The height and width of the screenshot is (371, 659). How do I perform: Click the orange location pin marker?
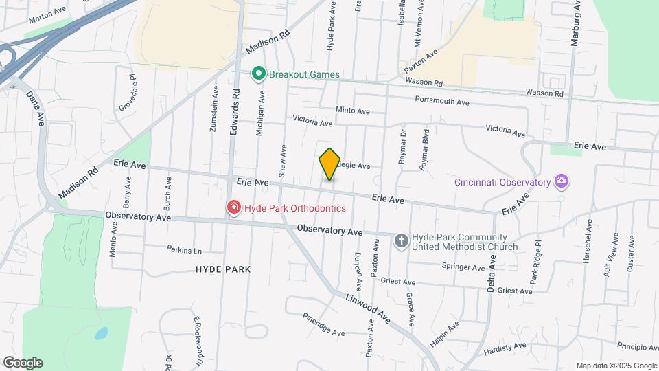point(330,164)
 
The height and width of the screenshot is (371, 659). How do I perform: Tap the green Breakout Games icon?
point(259,74)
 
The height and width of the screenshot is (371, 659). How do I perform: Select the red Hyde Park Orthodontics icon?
point(234,207)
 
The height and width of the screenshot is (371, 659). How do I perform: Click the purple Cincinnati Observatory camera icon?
point(562,182)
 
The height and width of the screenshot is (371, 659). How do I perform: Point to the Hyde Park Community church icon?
point(402,240)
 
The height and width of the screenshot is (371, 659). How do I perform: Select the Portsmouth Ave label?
point(442,102)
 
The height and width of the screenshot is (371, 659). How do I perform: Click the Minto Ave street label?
point(353,111)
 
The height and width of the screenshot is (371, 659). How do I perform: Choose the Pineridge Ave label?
point(323,324)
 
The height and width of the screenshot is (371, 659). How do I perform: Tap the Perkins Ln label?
point(184,249)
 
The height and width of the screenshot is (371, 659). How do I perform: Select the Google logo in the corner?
point(23,363)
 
